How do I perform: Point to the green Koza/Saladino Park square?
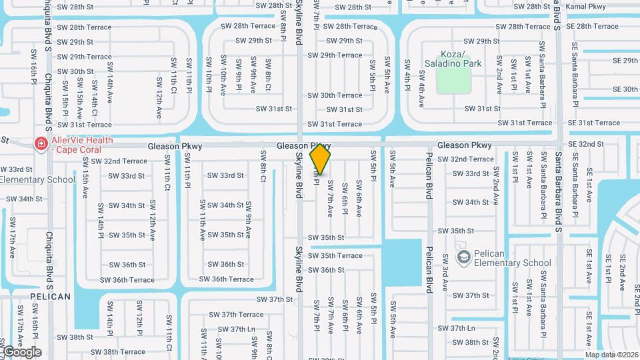(x=453, y=80)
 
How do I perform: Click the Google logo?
(x=21, y=352)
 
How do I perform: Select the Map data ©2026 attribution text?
(x=611, y=355)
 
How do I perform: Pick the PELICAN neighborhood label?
(x=50, y=297)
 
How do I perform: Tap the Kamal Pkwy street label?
(x=585, y=7)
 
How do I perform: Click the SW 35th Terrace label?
(x=335, y=256)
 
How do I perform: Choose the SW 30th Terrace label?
(x=335, y=95)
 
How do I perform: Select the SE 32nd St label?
(x=586, y=144)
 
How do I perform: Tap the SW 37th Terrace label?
(x=236, y=315)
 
